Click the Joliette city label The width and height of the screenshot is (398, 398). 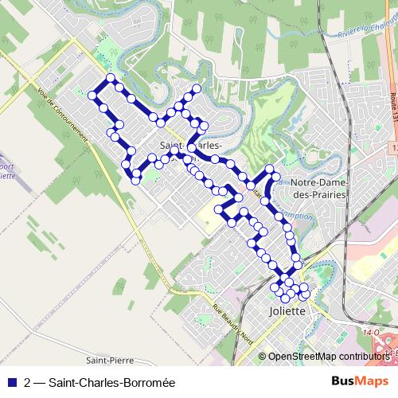pyautogui.click(x=287, y=311)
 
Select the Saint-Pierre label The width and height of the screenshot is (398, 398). pyautogui.click(x=103, y=360)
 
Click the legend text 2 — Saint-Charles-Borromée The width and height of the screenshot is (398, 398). pyautogui.click(x=99, y=383)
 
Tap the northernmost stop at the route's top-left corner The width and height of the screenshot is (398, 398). pyautogui.click(x=111, y=78)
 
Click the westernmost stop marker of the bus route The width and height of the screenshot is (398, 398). pyautogui.click(x=92, y=96)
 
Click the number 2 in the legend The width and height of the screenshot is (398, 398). pyautogui.click(x=28, y=383)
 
